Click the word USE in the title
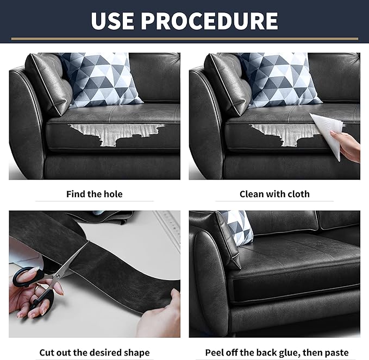click(x=112, y=21)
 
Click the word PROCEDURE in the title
click(x=209, y=21)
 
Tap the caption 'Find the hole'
click(x=95, y=194)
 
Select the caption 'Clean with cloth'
click(x=274, y=194)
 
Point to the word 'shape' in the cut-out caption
click(x=137, y=353)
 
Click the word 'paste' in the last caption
click(x=336, y=353)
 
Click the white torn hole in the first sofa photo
click(x=115, y=134)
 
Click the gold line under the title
click(x=185, y=39)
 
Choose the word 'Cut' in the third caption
click(x=47, y=353)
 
